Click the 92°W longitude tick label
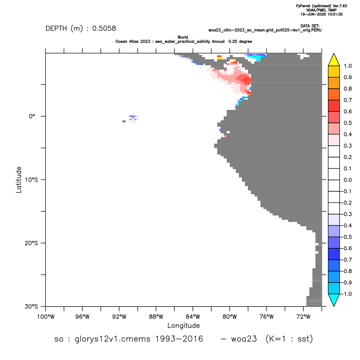tap(119, 317)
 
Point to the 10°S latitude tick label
tap(32, 180)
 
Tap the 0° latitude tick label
tap(32, 116)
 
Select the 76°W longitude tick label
tap(267, 317)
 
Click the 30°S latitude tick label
tap(32, 306)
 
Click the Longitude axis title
tap(183, 325)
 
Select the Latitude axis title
tap(19, 180)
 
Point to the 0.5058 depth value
tap(104, 29)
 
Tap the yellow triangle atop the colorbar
tap(334, 60)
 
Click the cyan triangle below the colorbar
tap(334, 300)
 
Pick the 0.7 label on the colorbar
tap(347, 100)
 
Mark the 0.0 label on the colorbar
tap(347, 180)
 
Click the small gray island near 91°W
tap(124, 121)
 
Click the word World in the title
tap(183, 37)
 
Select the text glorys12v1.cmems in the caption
tap(112, 339)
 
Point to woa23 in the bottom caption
tap(244, 339)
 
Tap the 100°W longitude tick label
tap(46, 317)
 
